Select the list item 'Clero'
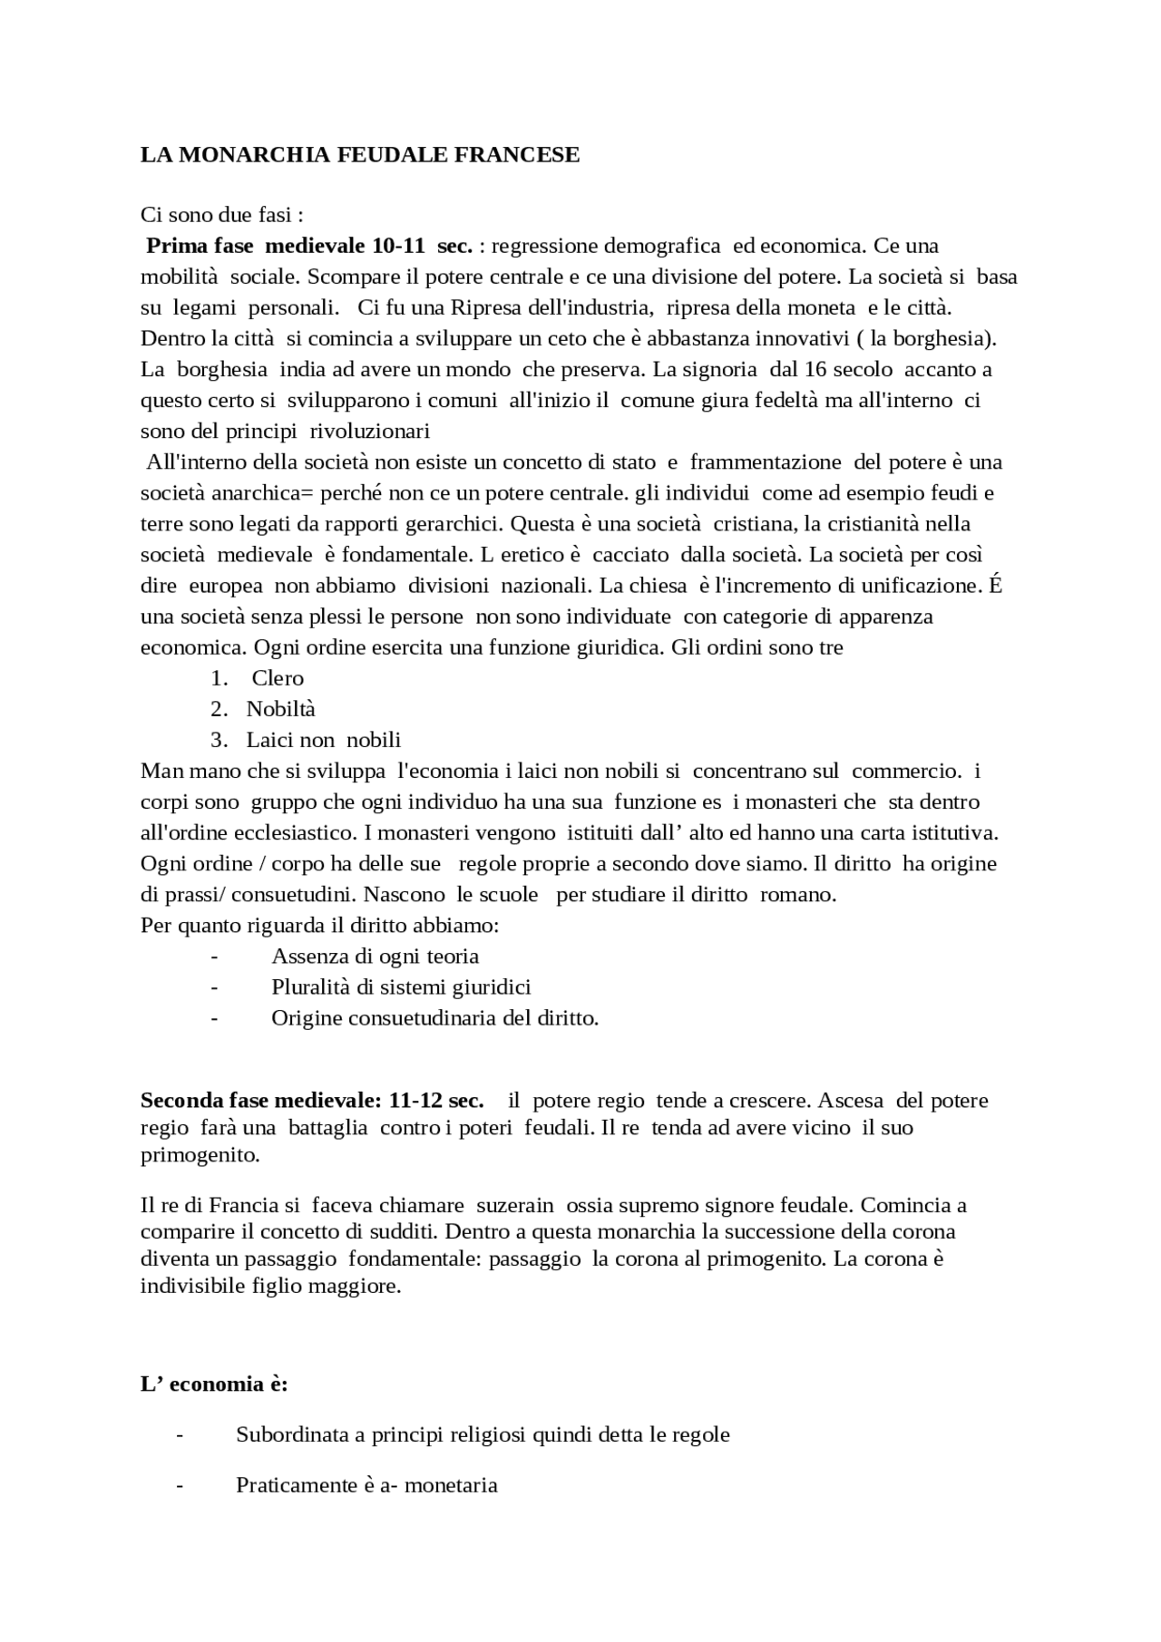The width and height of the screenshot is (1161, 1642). pos(278,678)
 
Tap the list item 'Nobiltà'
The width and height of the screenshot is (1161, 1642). pos(280,709)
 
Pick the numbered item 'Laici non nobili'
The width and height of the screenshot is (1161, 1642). pos(323,740)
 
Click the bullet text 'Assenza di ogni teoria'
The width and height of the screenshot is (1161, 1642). pos(375,956)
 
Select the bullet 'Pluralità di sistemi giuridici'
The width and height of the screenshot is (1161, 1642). pos(401,986)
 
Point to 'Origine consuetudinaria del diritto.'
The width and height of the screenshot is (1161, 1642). pos(434,1017)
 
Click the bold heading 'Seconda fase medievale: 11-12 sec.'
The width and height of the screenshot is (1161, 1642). pos(311,1101)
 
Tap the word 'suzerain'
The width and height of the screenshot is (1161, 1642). pos(514,1206)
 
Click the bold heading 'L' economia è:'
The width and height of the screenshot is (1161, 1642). pos(214,1385)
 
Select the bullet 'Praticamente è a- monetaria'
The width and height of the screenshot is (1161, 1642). pos(366,1485)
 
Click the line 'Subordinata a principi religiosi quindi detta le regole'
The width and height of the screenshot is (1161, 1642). pos(483,1434)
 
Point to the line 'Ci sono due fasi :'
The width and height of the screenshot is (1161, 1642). pos(221,215)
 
